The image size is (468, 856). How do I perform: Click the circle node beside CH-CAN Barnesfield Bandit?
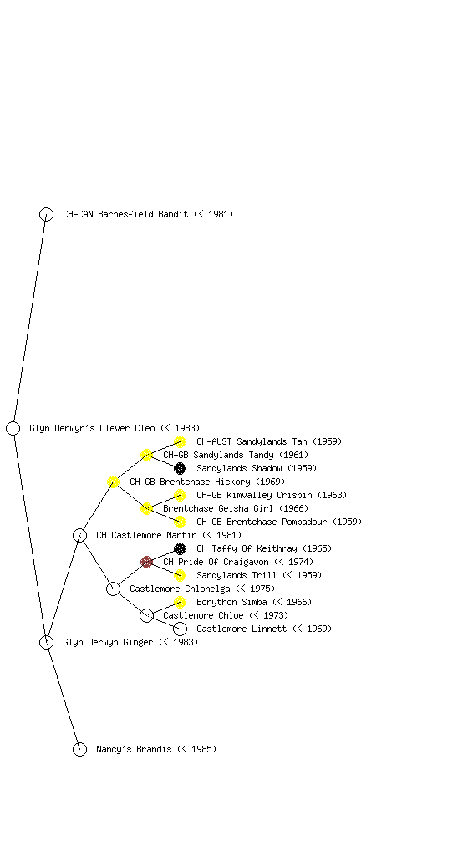(x=46, y=214)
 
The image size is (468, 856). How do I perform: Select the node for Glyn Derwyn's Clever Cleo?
(x=13, y=428)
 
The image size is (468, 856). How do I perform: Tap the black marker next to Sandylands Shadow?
(x=180, y=468)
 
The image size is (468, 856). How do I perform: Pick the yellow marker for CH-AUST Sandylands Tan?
(x=180, y=441)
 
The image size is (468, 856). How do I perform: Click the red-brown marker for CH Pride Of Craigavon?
(x=146, y=562)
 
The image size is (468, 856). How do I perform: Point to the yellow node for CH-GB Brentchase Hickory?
(x=113, y=481)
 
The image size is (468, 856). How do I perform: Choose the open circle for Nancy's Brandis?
(x=79, y=749)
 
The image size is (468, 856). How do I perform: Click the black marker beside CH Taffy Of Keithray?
(x=180, y=548)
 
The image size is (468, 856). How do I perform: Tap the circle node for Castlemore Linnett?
(x=180, y=629)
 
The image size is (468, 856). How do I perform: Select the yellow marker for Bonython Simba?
(x=180, y=602)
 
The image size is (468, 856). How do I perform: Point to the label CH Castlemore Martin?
(x=146, y=536)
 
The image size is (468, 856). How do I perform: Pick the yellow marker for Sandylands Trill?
(x=180, y=575)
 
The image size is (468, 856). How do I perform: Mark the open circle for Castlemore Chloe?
(x=146, y=615)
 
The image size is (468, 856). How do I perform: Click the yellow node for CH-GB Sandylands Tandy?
(x=146, y=455)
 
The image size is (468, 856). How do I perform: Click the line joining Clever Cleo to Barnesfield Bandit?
(x=29, y=321)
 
